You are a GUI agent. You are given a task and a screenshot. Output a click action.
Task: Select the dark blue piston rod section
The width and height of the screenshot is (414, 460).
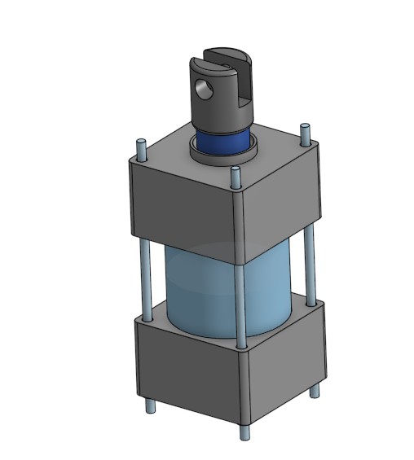point(220,142)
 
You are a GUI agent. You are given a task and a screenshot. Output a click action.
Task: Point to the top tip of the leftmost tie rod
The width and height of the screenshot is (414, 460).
point(141,145)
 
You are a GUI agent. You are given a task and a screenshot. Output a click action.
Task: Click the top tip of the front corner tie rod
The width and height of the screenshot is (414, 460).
point(236,172)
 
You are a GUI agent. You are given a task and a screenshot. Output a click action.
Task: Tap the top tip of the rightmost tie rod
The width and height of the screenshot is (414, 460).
point(305,128)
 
